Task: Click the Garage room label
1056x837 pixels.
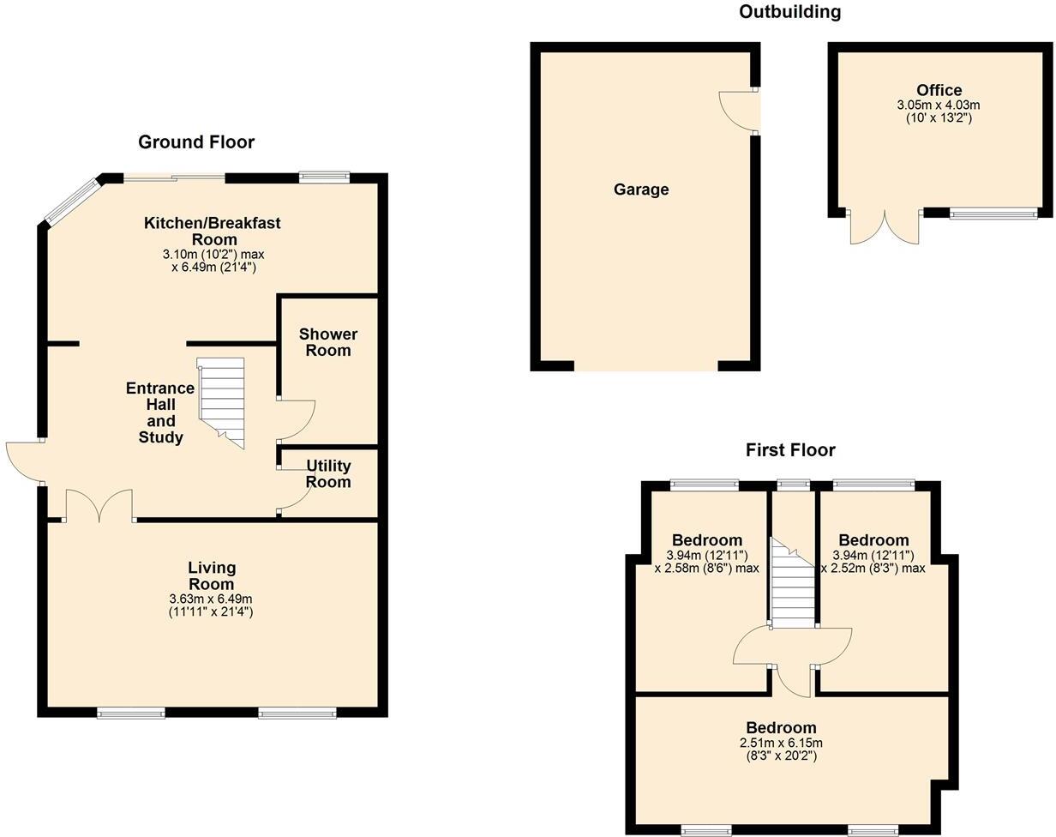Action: coord(640,190)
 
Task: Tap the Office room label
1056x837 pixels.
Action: coord(939,90)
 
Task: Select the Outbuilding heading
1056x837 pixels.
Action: coord(789,12)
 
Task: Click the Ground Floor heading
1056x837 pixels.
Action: coord(196,142)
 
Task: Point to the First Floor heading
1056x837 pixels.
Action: coord(789,450)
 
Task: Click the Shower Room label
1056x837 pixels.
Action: coord(328,342)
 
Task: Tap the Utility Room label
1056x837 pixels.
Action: coord(328,473)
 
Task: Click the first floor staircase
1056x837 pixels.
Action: coord(792,583)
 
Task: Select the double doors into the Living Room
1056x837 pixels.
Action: coord(99,505)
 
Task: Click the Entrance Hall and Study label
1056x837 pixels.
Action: coord(160,412)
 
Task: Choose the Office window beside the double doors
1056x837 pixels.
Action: coord(993,214)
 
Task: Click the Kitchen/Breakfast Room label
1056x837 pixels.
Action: coord(212,231)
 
